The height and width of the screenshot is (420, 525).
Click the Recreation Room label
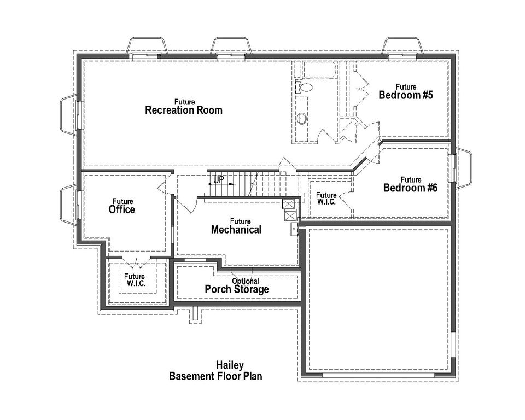coord(184,110)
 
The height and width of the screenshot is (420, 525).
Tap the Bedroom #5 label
coord(406,95)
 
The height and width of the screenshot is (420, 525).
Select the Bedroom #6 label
coord(411,188)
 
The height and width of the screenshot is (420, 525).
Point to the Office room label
coord(122,209)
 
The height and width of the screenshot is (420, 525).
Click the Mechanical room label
coord(236,230)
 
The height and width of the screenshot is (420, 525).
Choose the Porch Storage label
coord(237,289)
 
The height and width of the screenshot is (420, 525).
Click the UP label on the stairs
coord(218,180)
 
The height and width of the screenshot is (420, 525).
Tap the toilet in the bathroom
coord(304,87)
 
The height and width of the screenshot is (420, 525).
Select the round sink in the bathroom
coord(301,118)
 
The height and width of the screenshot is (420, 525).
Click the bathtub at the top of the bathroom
coord(319,69)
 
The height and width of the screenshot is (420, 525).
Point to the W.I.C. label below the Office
coord(135,279)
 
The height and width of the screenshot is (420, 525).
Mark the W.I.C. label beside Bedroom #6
coord(326,199)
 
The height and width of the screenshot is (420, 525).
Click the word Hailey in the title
coord(230,365)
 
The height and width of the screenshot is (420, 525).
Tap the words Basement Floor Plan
coord(215,376)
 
